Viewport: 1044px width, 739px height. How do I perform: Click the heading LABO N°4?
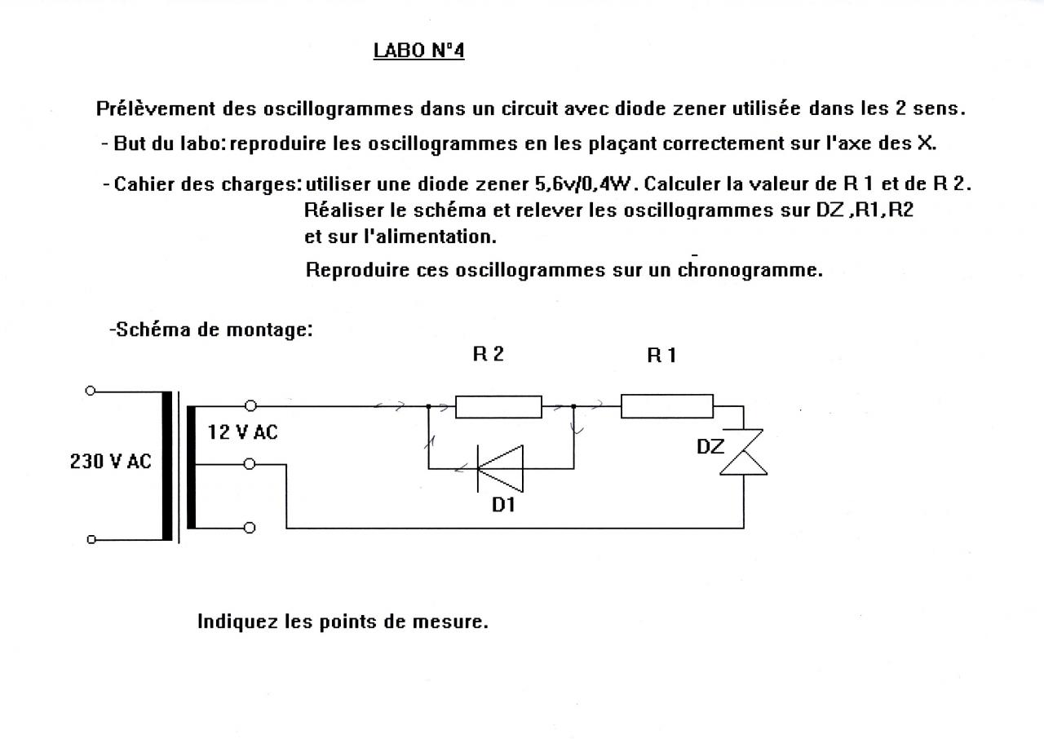(x=418, y=51)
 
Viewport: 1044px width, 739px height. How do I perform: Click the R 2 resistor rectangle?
(x=498, y=406)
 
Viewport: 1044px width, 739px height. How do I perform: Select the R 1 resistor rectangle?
(x=666, y=405)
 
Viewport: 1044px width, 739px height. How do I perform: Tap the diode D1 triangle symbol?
(x=500, y=468)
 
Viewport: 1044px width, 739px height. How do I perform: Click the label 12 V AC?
(x=242, y=432)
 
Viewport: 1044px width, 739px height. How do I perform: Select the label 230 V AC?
(x=110, y=461)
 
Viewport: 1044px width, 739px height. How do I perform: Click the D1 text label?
(x=503, y=505)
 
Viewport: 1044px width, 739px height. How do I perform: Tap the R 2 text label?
(x=488, y=354)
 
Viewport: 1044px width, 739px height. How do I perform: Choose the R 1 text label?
(x=661, y=355)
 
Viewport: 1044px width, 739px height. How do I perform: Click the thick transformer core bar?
(x=167, y=466)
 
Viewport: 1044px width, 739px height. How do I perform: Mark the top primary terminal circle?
(x=91, y=391)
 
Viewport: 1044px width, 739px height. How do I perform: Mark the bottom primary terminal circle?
(x=91, y=539)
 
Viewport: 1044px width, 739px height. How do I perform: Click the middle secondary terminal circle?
(x=250, y=464)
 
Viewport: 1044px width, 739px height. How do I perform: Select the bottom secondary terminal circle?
(x=250, y=528)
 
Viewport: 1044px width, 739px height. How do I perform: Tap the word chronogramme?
(x=750, y=270)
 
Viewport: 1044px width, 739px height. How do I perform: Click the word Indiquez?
(x=237, y=622)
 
